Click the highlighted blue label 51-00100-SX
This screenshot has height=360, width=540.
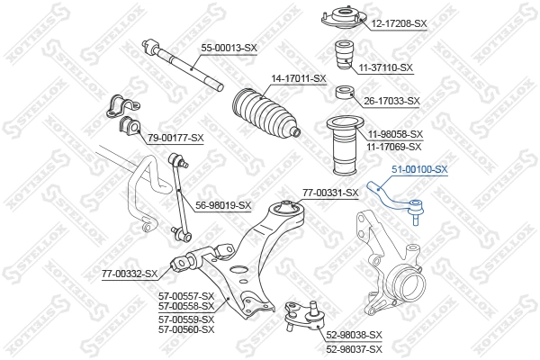(x=418, y=168)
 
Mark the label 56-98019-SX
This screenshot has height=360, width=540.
(x=222, y=205)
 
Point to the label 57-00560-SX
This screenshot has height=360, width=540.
(x=186, y=329)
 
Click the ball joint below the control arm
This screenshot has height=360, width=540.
(x=296, y=315)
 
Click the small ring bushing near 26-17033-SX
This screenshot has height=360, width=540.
(x=342, y=94)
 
